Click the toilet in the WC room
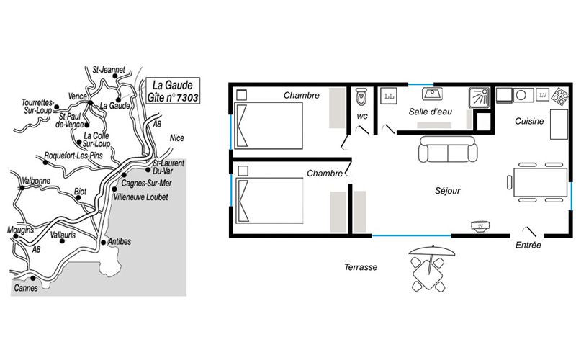click(361, 96)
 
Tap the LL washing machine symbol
click(390, 96)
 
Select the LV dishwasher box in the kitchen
click(543, 95)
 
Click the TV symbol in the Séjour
click(480, 225)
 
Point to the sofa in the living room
click(448, 149)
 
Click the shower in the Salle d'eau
click(479, 98)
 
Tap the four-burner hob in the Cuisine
click(561, 95)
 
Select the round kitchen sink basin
click(521, 95)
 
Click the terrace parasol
click(431, 252)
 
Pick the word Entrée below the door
click(528, 245)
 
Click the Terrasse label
click(361, 267)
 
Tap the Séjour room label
click(447, 191)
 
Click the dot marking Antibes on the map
click(104, 243)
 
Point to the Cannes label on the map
click(26, 288)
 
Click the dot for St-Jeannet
click(114, 76)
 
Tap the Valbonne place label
click(36, 181)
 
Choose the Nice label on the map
click(176, 138)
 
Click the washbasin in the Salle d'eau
click(432, 94)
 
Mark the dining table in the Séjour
click(541, 182)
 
